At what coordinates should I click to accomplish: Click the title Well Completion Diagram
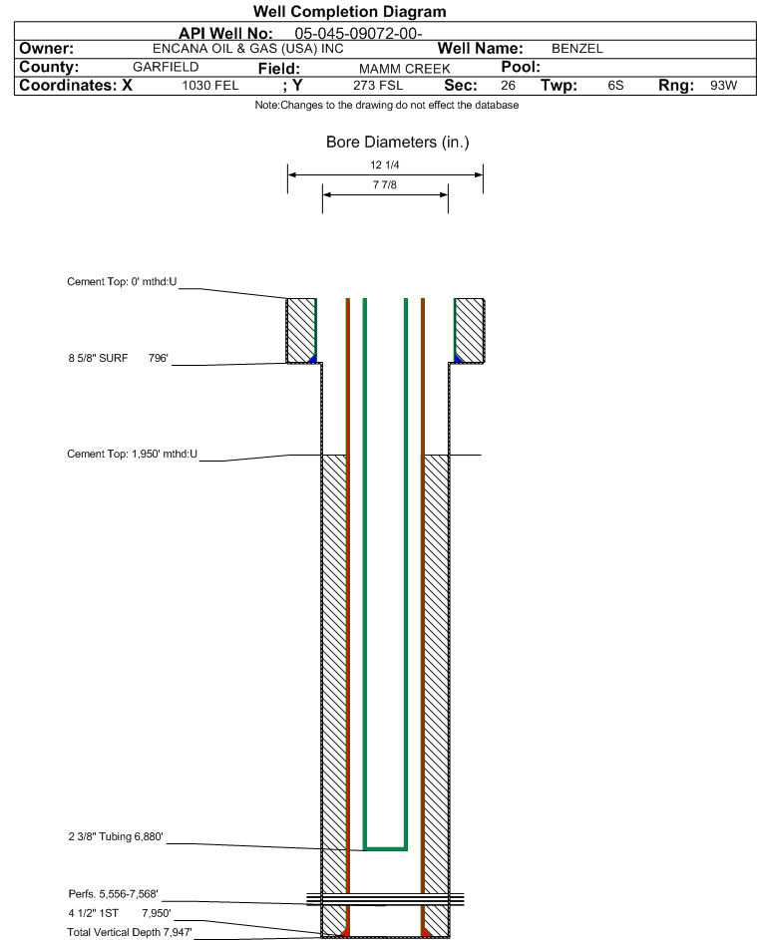click(x=350, y=11)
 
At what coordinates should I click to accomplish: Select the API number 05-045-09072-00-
click(x=359, y=34)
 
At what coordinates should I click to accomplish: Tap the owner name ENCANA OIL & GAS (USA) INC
click(x=248, y=49)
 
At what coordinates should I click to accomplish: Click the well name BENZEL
click(x=577, y=49)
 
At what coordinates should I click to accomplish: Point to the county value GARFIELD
click(x=166, y=67)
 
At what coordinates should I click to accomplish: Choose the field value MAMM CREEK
click(x=404, y=69)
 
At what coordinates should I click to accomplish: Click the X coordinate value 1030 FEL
click(x=210, y=85)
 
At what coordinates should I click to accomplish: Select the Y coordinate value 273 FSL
click(x=378, y=85)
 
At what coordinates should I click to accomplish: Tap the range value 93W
click(x=723, y=85)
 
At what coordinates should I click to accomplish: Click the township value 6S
click(x=615, y=85)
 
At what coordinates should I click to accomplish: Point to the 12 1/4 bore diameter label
click(x=385, y=164)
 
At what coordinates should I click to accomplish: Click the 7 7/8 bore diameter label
click(x=385, y=184)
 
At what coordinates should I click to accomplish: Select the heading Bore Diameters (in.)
click(x=398, y=143)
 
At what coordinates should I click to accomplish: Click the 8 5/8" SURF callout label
click(x=98, y=358)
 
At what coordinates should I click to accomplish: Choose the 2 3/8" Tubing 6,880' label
click(x=116, y=836)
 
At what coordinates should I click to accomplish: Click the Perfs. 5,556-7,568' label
click(x=114, y=894)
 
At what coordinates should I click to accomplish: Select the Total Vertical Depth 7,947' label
click(x=130, y=932)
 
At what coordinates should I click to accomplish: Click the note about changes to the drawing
click(x=387, y=105)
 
